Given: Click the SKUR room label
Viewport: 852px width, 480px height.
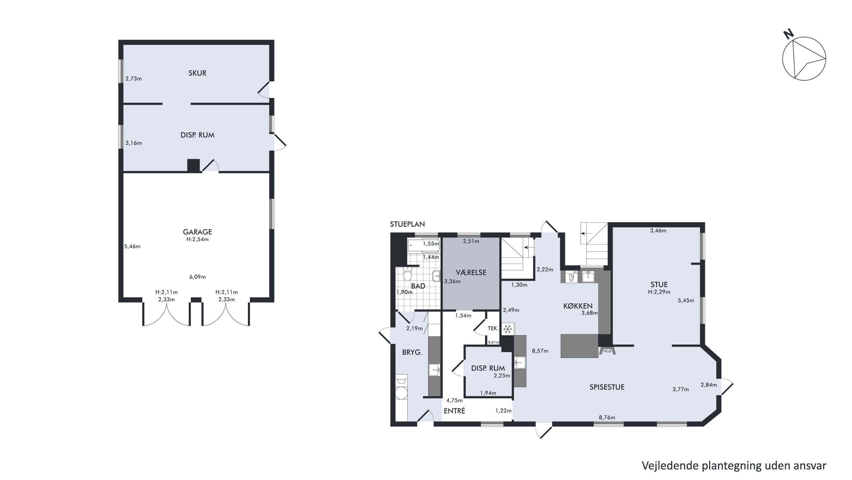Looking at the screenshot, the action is (197, 73).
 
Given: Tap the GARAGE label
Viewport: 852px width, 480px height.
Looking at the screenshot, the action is (197, 232).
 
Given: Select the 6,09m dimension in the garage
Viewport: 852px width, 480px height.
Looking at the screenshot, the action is (197, 277).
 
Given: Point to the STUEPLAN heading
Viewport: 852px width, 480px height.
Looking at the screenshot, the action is (407, 224).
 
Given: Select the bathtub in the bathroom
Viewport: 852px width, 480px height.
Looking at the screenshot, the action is (424, 246).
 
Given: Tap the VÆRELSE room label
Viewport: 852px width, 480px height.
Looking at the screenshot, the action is (471, 273).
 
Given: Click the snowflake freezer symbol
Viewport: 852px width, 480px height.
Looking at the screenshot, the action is (508, 329).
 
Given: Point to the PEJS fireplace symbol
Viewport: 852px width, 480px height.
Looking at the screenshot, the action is (607, 351).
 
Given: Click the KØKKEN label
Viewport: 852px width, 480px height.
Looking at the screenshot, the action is (578, 306).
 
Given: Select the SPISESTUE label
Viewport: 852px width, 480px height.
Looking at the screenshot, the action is (607, 387).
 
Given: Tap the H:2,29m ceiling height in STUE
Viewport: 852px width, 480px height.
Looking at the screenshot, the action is (659, 292).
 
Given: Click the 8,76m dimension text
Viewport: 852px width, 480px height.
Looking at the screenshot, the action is (607, 417).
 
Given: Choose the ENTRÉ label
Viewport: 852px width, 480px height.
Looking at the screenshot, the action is (454, 411).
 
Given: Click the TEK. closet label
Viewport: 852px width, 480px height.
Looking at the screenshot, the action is (493, 329).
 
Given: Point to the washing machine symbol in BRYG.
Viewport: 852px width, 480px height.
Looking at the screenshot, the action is (402, 380).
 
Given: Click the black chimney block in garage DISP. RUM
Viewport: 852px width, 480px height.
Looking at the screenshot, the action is (193, 165).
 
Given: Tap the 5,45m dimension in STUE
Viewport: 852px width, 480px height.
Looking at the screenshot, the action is (686, 300).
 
